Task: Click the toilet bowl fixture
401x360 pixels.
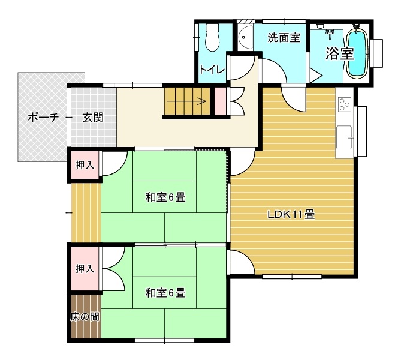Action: [x=212, y=38]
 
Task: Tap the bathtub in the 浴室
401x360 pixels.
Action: [x=357, y=52]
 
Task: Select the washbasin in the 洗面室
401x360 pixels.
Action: [x=245, y=37]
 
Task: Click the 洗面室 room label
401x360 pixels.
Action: [x=284, y=38]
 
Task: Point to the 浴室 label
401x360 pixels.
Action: [x=339, y=53]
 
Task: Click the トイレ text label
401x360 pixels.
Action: [x=212, y=70]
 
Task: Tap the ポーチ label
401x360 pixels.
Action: [x=43, y=118]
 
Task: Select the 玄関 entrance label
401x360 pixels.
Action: [x=93, y=118]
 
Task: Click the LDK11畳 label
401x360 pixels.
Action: [x=291, y=214]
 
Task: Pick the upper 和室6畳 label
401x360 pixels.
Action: [x=165, y=197]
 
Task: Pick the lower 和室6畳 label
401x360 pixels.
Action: [x=165, y=293]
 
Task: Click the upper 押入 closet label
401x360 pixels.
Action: [x=85, y=165]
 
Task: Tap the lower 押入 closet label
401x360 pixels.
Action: [x=85, y=269]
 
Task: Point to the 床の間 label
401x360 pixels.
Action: [x=85, y=317]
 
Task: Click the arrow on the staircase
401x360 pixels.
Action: [x=187, y=101]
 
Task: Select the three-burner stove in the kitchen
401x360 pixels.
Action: [x=345, y=104]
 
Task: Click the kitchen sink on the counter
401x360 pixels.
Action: [x=344, y=137]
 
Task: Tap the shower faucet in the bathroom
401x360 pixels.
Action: [x=330, y=34]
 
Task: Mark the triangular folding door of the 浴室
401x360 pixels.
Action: [x=315, y=75]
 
